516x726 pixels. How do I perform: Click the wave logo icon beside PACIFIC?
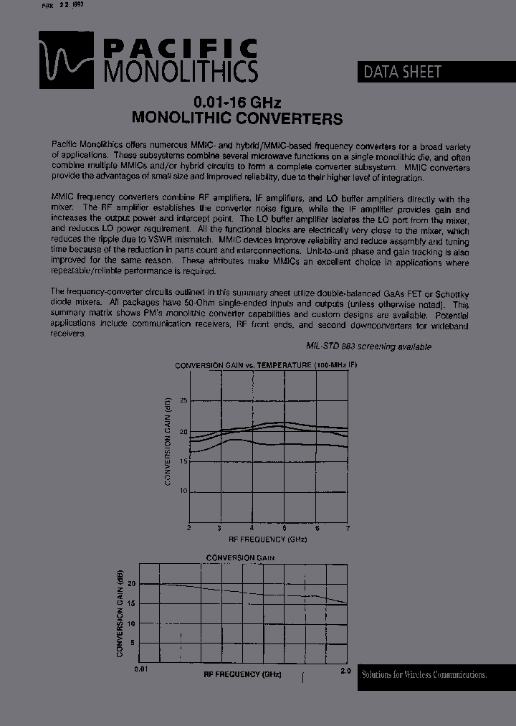[x=66, y=58]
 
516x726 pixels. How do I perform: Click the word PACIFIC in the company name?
[x=181, y=49]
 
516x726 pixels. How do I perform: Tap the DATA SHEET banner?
[x=403, y=72]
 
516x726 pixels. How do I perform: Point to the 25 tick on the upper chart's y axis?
[x=183, y=400]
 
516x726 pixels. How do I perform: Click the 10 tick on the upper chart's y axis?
[x=183, y=491]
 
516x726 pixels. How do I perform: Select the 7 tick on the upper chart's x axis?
[x=348, y=528]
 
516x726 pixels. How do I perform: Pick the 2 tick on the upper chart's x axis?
[x=189, y=528]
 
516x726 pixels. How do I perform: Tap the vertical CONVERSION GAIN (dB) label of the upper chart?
[x=168, y=440]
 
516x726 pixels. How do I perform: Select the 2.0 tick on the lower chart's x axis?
[x=345, y=669]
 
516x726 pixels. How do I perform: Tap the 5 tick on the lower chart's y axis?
[x=132, y=643]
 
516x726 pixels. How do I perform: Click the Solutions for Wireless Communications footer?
[x=424, y=674]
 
